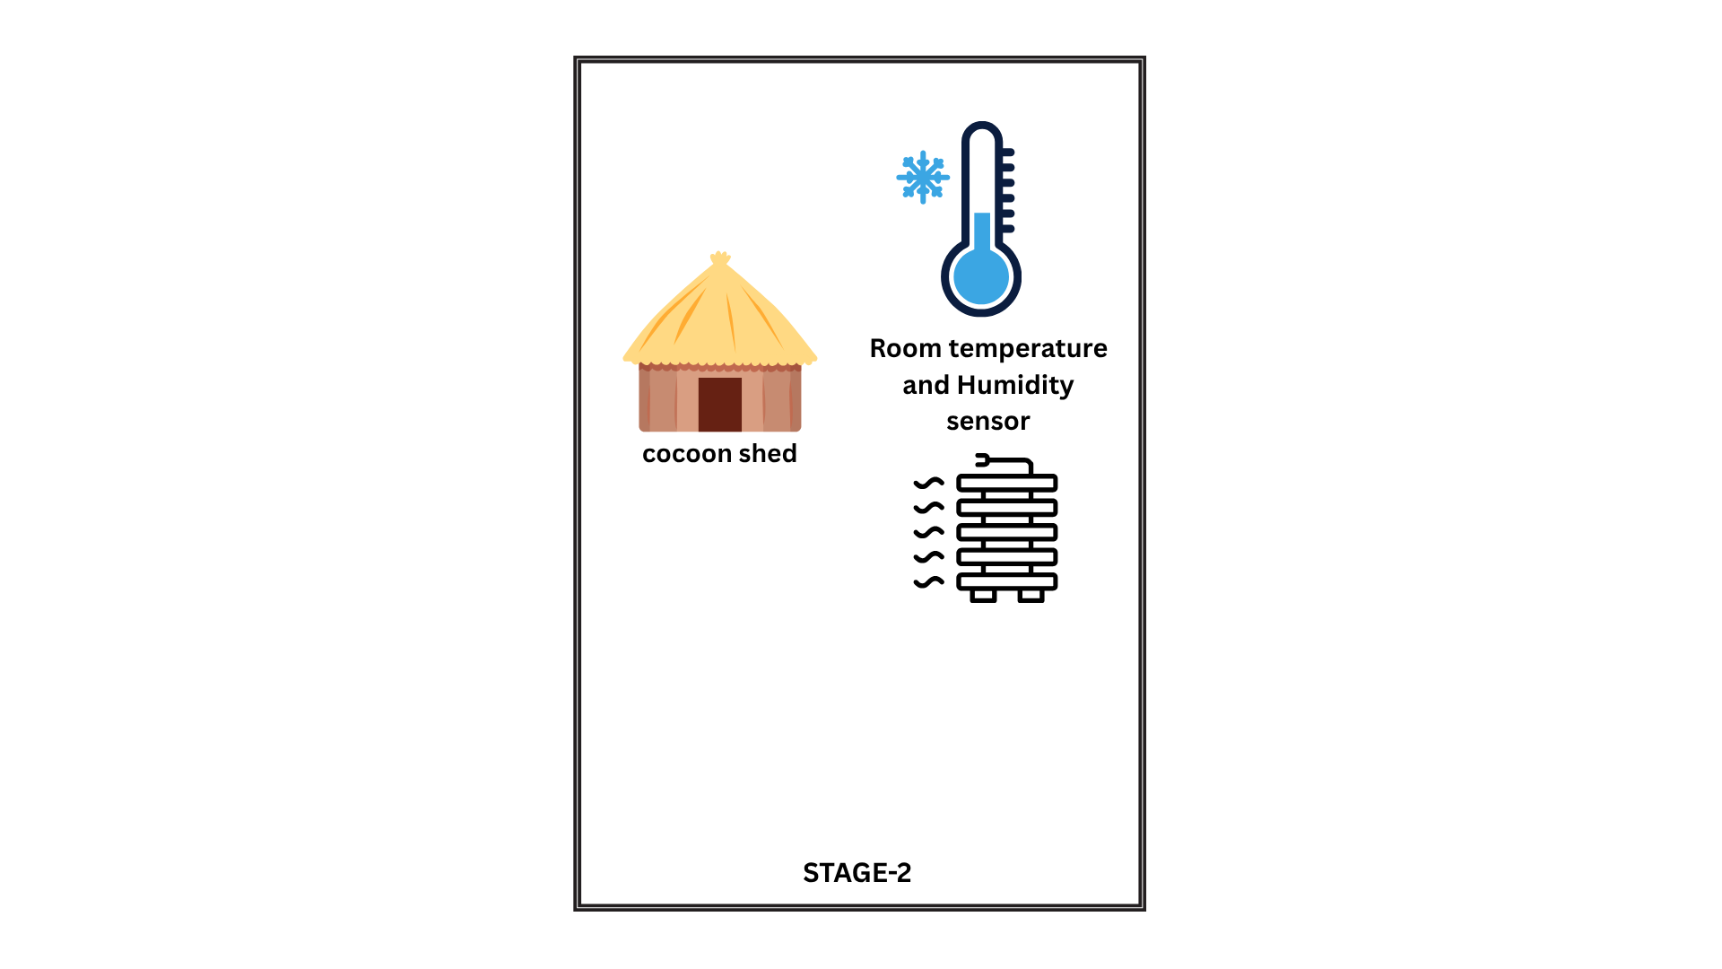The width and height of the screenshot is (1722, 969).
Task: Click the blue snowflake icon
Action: pyautogui.click(x=922, y=177)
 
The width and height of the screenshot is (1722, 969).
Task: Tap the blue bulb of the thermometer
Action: pyautogui.click(x=981, y=277)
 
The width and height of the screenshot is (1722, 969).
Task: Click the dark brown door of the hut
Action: pyautogui.click(x=719, y=404)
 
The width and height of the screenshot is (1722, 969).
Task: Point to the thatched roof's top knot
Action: pyautogui.click(x=719, y=259)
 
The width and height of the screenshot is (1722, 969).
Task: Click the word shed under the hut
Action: pyautogui.click(x=768, y=454)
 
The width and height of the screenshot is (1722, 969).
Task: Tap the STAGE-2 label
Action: pyautogui.click(x=857, y=873)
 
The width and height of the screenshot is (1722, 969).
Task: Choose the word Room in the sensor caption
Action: pyautogui.click(x=905, y=348)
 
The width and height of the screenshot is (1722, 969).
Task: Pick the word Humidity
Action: pyautogui.click(x=1015, y=385)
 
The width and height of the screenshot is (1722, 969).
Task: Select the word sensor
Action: pyautogui.click(x=987, y=421)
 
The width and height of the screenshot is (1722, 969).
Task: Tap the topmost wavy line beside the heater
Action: pyautogui.click(x=929, y=483)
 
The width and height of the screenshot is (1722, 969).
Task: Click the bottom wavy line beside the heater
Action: pyautogui.click(x=929, y=581)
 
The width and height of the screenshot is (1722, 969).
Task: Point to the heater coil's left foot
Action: pyautogui.click(x=984, y=595)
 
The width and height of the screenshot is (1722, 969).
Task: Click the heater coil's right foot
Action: pyautogui.click(x=1031, y=595)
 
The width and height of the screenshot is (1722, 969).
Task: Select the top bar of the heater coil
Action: pyautogui.click(x=1007, y=484)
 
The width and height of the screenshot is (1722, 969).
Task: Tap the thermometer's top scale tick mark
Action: pyautogui.click(x=1007, y=153)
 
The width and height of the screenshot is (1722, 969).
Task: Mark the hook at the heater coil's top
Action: pyautogui.click(x=983, y=460)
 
